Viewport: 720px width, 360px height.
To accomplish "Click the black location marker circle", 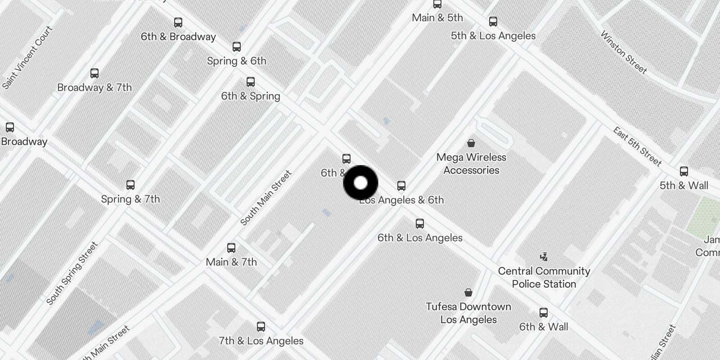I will (360, 183).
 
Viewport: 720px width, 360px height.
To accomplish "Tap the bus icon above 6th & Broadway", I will (178, 22).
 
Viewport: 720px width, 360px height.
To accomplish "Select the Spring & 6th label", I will (236, 61).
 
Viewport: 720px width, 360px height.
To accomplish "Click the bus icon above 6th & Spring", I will (251, 82).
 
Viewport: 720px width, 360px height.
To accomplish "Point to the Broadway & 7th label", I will (94, 87).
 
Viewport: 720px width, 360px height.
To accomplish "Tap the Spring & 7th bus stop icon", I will (130, 185).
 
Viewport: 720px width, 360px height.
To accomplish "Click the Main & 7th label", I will (231, 262).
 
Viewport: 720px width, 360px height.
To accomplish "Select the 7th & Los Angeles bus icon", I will (261, 327).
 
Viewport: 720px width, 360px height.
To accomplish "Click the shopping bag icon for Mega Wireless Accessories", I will (471, 143).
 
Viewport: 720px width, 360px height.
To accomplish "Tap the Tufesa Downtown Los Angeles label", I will (468, 313).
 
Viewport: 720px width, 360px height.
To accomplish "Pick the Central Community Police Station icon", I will (544, 257).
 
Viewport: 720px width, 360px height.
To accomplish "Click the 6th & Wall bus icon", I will (544, 313).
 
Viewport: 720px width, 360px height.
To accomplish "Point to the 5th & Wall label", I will (684, 185).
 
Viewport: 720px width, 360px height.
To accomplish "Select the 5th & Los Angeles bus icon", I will (493, 22).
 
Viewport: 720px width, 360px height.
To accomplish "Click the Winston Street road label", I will (624, 52).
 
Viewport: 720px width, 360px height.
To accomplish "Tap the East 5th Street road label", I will (637, 146).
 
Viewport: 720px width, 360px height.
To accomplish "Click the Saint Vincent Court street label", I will (27, 57).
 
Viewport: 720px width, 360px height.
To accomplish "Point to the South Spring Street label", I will (72, 273).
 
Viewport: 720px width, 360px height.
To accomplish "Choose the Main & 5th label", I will (437, 18).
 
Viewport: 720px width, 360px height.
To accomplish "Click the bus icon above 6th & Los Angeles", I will (420, 224).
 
